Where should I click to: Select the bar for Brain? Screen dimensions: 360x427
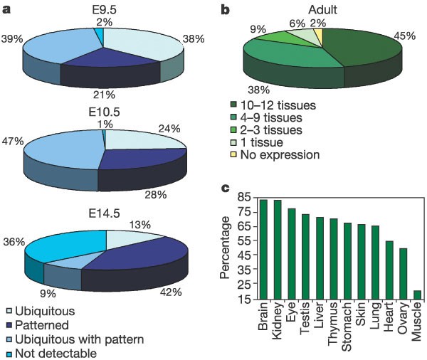[x=263, y=250]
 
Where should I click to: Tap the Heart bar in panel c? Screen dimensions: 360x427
[x=369, y=271]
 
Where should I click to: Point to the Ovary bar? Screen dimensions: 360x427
[x=383, y=275]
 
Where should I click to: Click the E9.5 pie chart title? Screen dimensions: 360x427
[x=102, y=9]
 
